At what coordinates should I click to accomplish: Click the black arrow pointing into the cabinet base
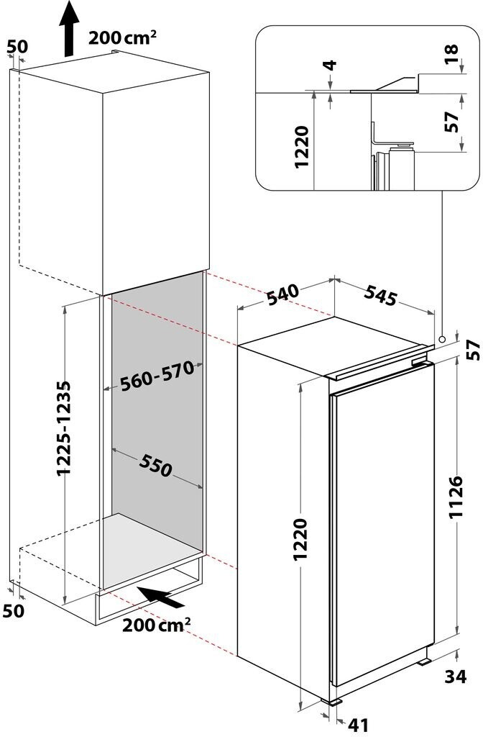[x=162, y=597]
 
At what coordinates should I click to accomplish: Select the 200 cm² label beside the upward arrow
[x=122, y=37]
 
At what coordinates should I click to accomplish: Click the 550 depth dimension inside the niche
[x=156, y=466]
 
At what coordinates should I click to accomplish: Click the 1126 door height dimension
[x=456, y=497]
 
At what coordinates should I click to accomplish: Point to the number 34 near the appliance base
[x=456, y=677]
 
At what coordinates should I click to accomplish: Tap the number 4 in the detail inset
[x=331, y=65]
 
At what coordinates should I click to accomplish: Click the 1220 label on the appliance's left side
[x=300, y=539]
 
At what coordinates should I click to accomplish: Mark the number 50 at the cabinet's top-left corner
[x=18, y=46]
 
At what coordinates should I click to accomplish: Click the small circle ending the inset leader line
[x=442, y=339]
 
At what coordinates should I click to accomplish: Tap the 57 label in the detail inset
[x=451, y=122]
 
